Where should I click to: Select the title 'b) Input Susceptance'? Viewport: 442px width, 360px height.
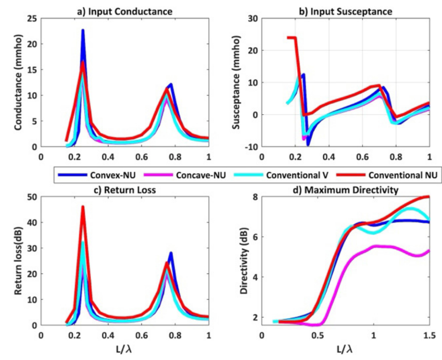[345, 12]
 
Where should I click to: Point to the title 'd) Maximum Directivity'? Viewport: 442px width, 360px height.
[345, 190]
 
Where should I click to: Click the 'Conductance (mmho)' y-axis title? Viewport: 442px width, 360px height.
[18, 82]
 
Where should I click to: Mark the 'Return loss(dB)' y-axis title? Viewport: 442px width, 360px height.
[18, 261]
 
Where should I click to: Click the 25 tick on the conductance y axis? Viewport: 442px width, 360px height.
[33, 18]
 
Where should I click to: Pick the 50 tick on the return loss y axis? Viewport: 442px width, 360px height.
[33, 197]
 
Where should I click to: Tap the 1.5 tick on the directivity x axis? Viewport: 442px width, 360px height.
[429, 335]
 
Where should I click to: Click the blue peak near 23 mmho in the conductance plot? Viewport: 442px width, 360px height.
[83, 31]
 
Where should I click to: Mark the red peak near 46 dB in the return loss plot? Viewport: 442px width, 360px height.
[83, 207]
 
